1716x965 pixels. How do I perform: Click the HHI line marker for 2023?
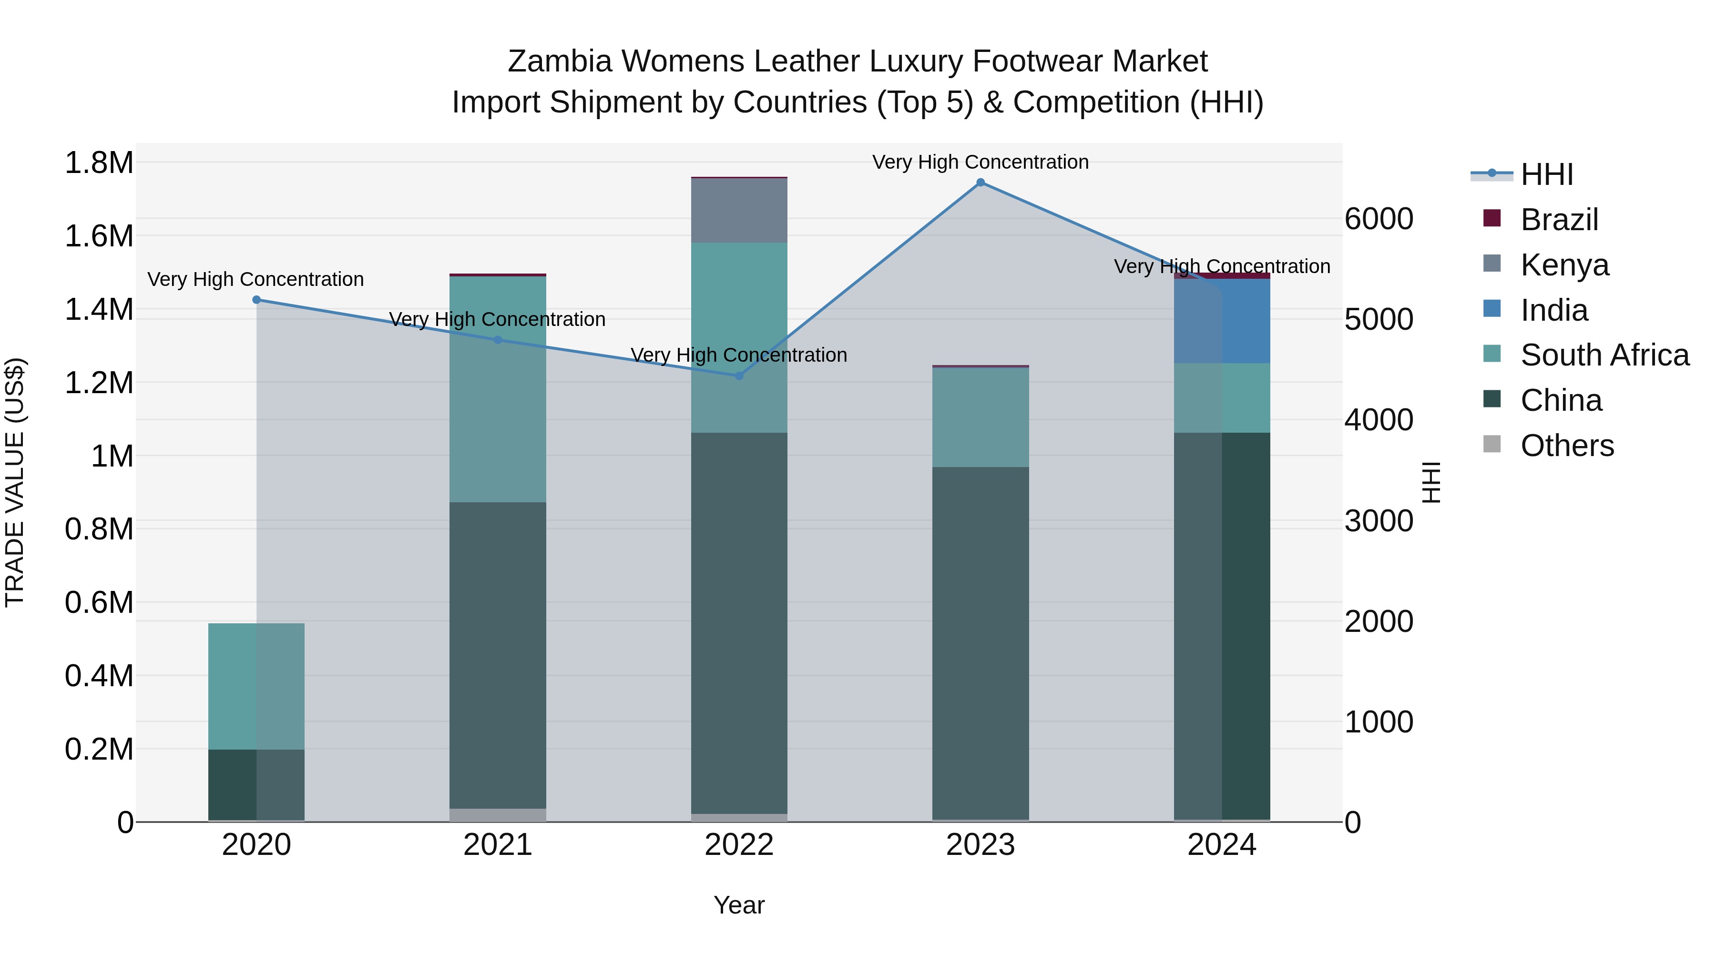point(980,183)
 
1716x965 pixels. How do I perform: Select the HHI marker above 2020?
point(256,300)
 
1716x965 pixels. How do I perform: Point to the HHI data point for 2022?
point(739,376)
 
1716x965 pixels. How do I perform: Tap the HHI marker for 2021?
point(498,340)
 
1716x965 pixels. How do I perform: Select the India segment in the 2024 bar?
point(1222,321)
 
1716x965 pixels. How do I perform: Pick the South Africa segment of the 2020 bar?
point(256,686)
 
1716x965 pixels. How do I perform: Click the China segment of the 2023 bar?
point(980,643)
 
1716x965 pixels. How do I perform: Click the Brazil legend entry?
point(1559,219)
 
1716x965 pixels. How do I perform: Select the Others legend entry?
point(1567,445)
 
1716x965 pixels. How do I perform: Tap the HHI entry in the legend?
point(1546,174)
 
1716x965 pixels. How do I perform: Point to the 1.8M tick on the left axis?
point(99,163)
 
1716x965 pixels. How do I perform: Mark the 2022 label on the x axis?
point(739,845)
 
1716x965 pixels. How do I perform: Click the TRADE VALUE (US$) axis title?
point(15,482)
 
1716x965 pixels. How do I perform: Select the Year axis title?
point(739,905)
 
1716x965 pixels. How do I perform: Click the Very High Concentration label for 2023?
point(980,162)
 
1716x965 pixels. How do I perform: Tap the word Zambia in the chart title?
point(559,61)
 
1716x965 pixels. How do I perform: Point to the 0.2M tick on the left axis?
point(99,749)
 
